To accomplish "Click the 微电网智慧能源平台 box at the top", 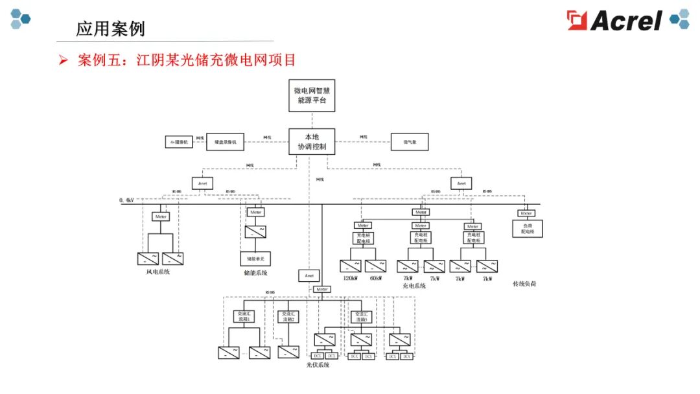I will point(312,95).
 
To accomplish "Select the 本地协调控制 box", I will point(312,141).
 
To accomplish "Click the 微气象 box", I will point(410,142).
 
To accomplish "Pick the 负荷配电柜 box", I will point(527,228).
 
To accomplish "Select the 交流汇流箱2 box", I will point(288,316).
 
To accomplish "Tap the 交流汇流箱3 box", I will point(362,316).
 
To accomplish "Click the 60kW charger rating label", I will point(375,278).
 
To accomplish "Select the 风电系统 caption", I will point(158,272).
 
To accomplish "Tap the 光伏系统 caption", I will point(318,365).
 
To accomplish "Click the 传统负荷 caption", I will point(524,284).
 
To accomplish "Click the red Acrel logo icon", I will point(577,20).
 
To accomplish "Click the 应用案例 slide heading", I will point(110,29).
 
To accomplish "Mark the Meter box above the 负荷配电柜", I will point(526,213).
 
